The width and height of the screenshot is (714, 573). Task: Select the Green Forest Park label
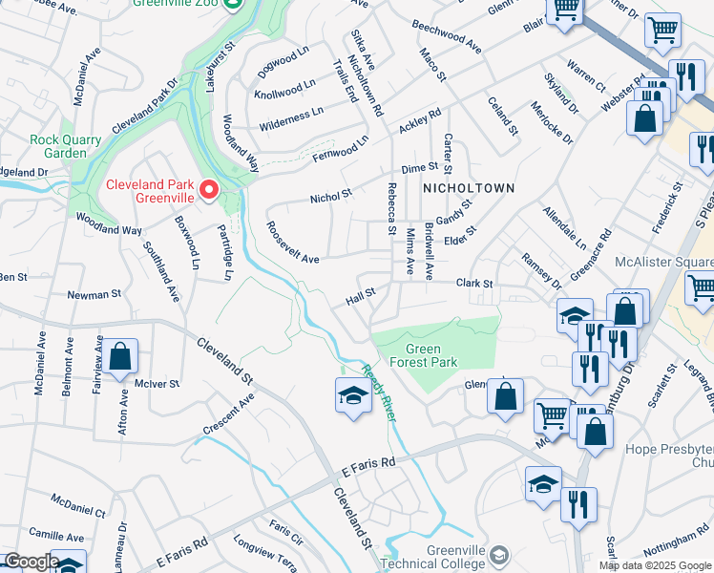(x=418, y=355)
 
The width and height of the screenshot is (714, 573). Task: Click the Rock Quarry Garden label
(x=65, y=146)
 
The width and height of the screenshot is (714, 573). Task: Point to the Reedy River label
(x=378, y=396)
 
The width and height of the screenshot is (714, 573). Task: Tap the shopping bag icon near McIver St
(x=120, y=358)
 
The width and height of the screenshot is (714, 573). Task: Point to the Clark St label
(x=473, y=284)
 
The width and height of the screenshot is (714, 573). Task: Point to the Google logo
(x=31, y=562)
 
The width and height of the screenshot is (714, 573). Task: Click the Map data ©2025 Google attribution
(x=654, y=565)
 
